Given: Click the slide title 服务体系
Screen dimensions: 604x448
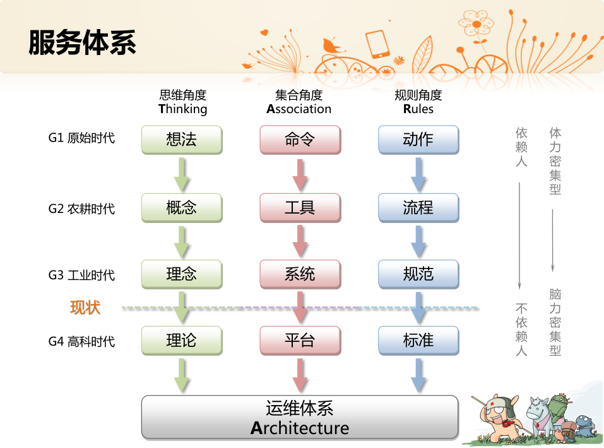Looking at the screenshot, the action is pyautogui.click(x=82, y=42).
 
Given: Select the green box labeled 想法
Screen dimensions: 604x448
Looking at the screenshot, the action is pyautogui.click(x=182, y=140).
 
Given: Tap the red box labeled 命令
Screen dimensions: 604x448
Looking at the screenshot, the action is pyautogui.click(x=300, y=140).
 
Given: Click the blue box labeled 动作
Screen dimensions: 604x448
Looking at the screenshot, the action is pyautogui.click(x=418, y=140).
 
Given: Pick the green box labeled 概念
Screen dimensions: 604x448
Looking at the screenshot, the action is pyautogui.click(x=182, y=208).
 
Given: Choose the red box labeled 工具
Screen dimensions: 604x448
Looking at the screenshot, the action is pyautogui.click(x=300, y=208).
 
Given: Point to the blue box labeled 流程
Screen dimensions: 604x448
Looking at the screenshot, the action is pyautogui.click(x=418, y=208).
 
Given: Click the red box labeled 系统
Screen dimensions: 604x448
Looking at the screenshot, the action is pyautogui.click(x=300, y=274).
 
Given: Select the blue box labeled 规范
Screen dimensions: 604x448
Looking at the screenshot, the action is pyautogui.click(x=418, y=274).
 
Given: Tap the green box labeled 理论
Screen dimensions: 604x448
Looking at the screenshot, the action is pyautogui.click(x=182, y=341).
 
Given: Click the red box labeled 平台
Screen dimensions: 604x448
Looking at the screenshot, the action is pyautogui.click(x=300, y=341).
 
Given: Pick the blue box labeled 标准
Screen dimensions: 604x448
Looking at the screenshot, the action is pyautogui.click(x=418, y=341).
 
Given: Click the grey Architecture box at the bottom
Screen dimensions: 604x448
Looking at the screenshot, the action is pyautogui.click(x=300, y=418).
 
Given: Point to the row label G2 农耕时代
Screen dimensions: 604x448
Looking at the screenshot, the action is pyautogui.click(x=81, y=209).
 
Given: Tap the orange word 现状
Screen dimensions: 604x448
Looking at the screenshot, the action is pyautogui.click(x=85, y=308).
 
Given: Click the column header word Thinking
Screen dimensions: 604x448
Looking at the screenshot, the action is pyautogui.click(x=183, y=109).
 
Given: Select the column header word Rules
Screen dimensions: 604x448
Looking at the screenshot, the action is pyautogui.click(x=418, y=109).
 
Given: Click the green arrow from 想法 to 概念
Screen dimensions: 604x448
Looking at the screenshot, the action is pyautogui.click(x=181, y=174).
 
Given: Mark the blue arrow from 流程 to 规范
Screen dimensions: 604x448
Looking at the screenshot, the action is pyautogui.click(x=418, y=242).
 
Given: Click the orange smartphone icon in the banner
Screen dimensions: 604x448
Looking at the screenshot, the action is pyautogui.click(x=377, y=44).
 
